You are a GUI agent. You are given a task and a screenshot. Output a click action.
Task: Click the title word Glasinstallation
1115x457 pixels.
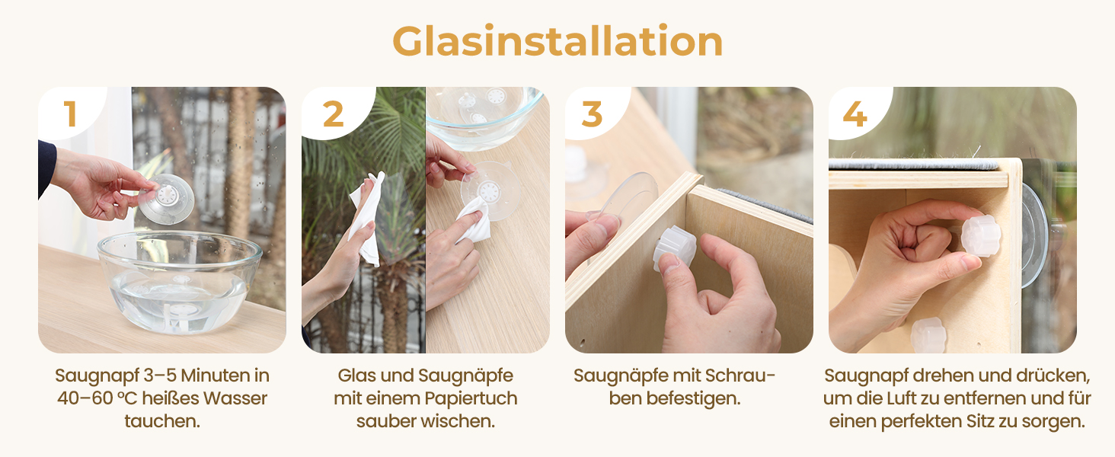click(x=557, y=41)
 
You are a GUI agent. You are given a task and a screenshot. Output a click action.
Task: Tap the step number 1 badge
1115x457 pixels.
click(x=70, y=114)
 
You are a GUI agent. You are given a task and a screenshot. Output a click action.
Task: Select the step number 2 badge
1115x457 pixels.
click(x=333, y=114)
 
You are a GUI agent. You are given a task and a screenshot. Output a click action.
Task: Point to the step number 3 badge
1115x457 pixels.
click(x=592, y=114)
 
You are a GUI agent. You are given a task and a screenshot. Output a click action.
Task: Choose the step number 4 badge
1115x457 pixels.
click(x=855, y=114)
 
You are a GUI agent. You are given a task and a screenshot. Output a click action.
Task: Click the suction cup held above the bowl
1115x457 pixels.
click(x=166, y=199)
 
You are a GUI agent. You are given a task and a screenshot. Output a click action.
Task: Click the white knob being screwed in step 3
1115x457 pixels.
click(x=675, y=248)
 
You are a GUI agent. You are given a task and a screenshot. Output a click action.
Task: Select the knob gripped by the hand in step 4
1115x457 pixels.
click(x=981, y=235)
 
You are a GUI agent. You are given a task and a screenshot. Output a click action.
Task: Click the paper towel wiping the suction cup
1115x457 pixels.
click(x=474, y=221)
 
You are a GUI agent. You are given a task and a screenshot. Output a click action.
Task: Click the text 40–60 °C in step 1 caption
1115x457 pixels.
click(x=97, y=398)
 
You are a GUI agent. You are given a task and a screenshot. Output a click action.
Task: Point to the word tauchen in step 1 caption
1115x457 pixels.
click(x=161, y=421)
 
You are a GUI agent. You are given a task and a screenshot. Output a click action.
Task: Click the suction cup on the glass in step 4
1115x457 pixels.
click(x=1034, y=235)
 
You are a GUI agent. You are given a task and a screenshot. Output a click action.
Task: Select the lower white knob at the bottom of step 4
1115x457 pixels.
click(x=928, y=336)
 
